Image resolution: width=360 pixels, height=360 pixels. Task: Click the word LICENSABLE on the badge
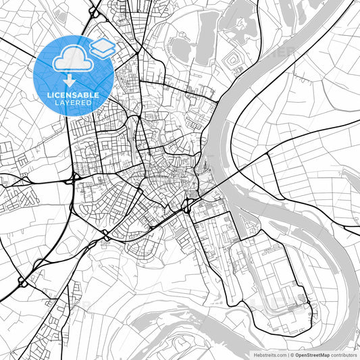tap(72, 94)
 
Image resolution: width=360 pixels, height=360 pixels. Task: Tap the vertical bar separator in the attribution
tap(288, 355)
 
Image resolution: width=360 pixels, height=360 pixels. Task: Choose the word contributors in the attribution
tap(344, 355)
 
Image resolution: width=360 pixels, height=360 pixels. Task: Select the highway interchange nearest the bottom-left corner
tap(22, 280)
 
